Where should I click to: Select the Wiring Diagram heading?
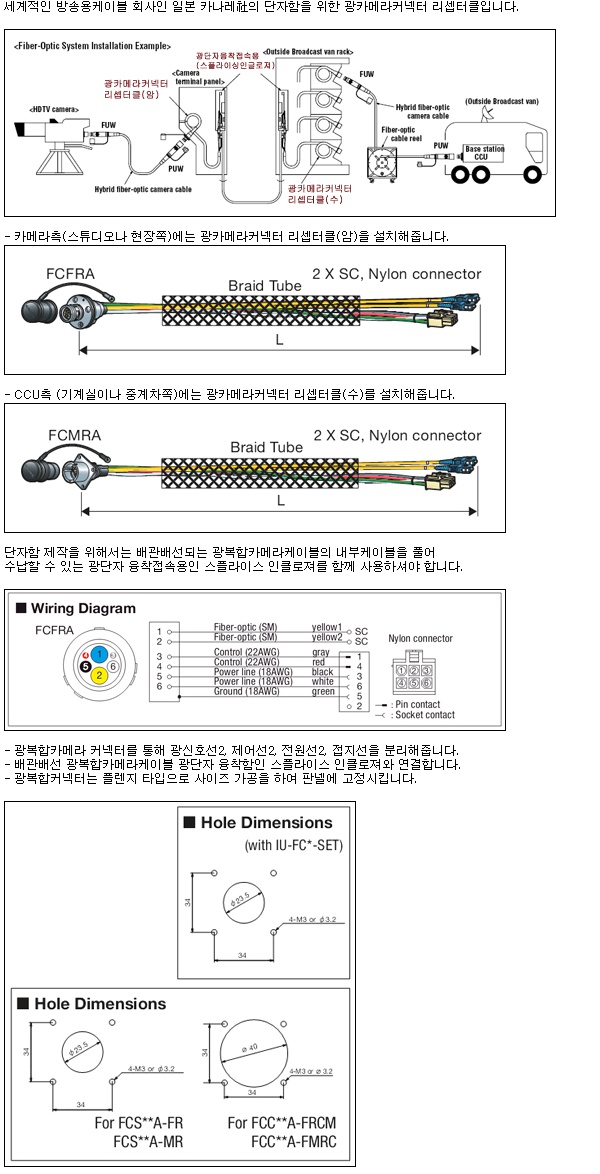tap(83, 608)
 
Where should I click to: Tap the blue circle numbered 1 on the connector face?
tap(100, 652)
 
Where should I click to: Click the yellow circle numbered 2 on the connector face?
tap(100, 675)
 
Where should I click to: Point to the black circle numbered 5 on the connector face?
tap(86, 664)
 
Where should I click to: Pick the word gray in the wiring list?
tap(321, 652)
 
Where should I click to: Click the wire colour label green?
tap(323, 691)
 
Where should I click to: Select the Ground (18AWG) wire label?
tap(245, 691)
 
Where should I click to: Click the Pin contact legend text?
tap(421, 705)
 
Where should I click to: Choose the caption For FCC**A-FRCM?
tap(283, 1123)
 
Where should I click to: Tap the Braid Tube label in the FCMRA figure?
tap(265, 447)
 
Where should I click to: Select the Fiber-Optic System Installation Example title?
tap(93, 47)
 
